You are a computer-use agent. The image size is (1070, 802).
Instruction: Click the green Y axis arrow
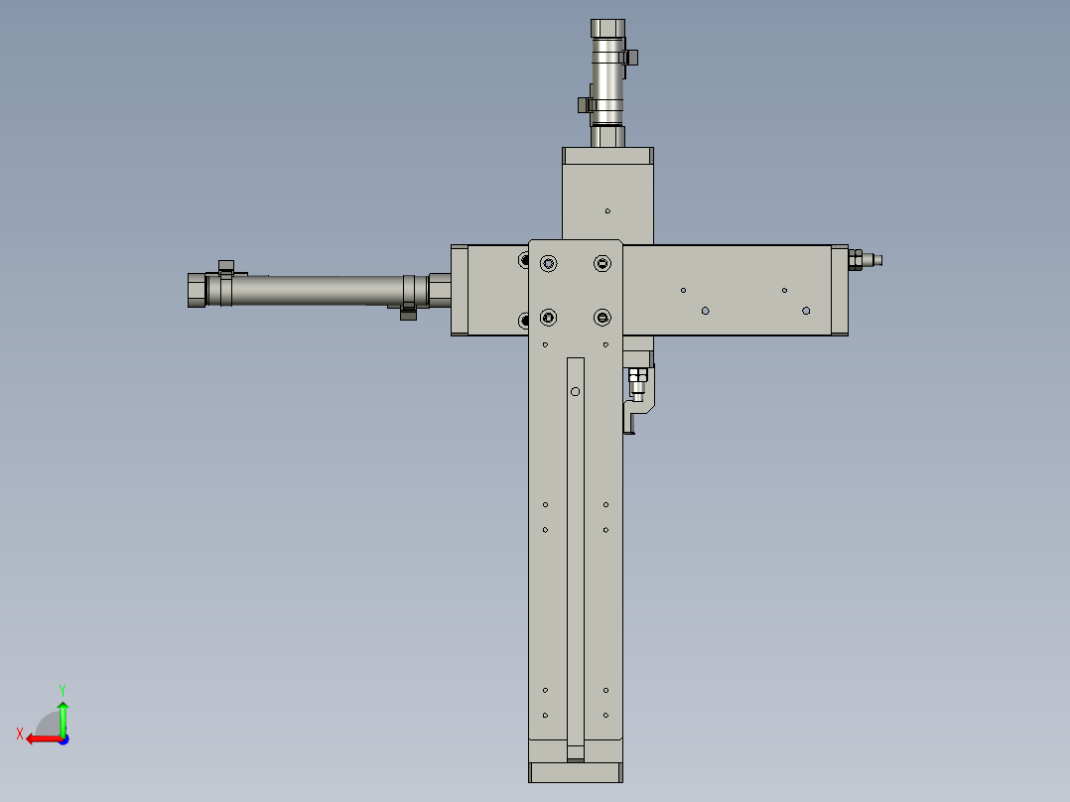pos(63,718)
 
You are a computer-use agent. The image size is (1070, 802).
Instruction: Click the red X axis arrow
pos(45,738)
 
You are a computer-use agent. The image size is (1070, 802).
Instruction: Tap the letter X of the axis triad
pos(20,734)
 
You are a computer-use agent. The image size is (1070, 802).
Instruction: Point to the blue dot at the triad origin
pos(64,739)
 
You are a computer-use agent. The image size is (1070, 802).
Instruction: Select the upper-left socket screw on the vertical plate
pos(548,263)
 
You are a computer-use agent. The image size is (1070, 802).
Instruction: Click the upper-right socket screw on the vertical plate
pos(602,263)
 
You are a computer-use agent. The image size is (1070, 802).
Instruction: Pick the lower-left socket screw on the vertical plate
pos(548,318)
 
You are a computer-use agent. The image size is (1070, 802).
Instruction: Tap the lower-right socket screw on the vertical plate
pos(602,318)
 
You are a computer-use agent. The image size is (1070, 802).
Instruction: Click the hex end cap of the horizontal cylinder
pos(197,290)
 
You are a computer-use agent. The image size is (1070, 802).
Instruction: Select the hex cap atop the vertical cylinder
pos(607,29)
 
